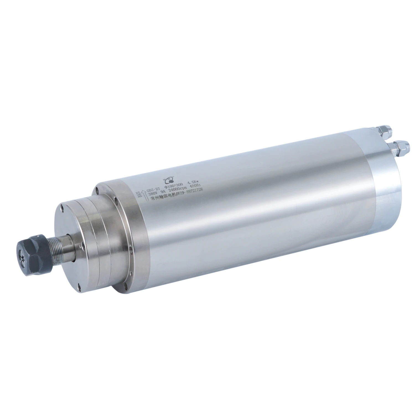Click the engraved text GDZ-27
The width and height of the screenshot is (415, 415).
coord(153,190)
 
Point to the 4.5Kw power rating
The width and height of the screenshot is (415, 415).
coord(193,182)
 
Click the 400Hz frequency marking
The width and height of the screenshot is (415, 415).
coord(195,186)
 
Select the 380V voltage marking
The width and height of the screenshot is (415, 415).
coord(153,194)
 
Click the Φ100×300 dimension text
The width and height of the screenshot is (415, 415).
coord(173,186)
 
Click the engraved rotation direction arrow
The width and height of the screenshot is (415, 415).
coord(145,196)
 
